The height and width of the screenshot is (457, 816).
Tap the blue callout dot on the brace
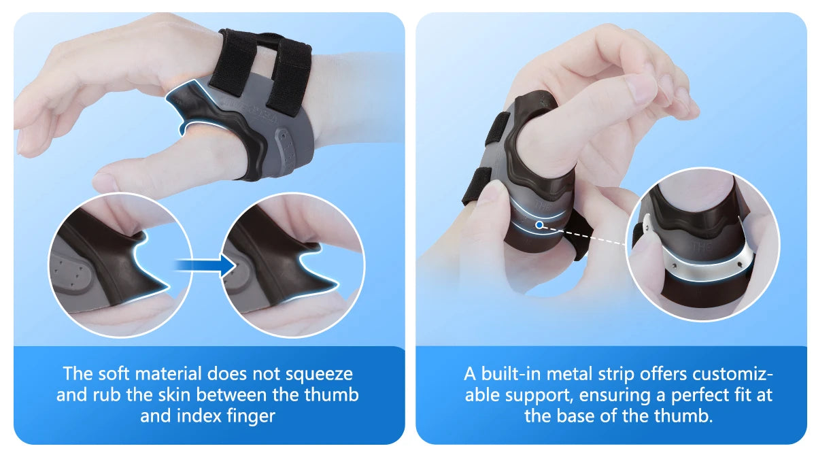click(x=539, y=224)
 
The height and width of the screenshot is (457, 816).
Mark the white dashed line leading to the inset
click(x=592, y=234)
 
